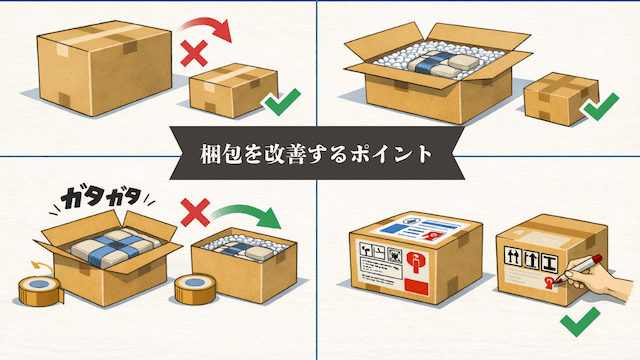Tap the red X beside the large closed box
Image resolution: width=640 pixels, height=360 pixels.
tap(194, 53)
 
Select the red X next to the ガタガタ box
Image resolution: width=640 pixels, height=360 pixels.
tap(195, 212)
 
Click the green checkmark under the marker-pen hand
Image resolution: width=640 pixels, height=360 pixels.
tap(580, 322)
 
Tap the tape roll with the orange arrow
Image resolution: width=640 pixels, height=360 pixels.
tap(40, 290)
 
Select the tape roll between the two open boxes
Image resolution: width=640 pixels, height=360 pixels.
tap(195, 289)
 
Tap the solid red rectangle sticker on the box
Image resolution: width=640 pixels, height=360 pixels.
tap(417, 286)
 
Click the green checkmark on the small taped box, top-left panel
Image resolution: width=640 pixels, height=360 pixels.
tap(283, 102)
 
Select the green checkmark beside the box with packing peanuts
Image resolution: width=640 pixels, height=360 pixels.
tap(601, 107)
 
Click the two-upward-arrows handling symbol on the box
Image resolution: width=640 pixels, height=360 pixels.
tap(512, 256)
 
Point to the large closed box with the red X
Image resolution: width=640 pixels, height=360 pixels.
tap(104, 68)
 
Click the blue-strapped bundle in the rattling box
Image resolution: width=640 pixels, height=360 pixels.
tap(116, 248)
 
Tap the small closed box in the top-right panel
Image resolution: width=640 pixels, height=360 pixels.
tap(561, 98)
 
